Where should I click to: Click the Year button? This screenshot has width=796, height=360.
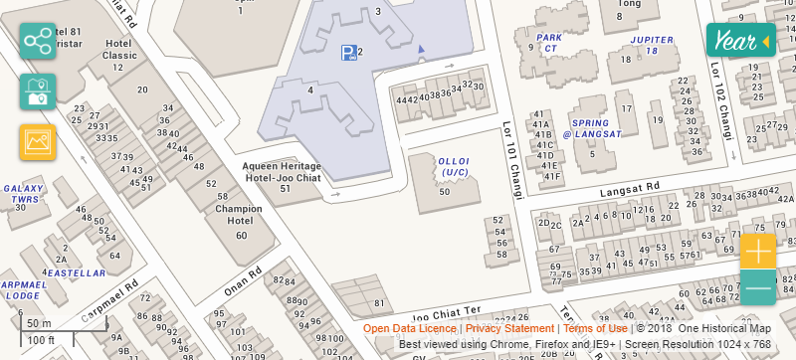[x=739, y=41]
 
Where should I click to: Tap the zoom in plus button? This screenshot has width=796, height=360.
[x=757, y=251]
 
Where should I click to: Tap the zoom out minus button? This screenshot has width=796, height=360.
[x=757, y=287]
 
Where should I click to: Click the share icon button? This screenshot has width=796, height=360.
[x=38, y=42]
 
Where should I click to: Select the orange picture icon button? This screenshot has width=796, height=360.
[x=38, y=142]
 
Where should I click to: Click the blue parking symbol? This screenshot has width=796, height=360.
[x=347, y=53]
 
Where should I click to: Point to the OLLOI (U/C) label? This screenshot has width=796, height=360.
[x=453, y=166]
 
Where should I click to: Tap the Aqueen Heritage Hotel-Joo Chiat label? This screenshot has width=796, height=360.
[x=284, y=172]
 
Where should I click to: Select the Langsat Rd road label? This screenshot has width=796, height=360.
[x=629, y=186]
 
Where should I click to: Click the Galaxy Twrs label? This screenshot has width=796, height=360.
[x=21, y=193]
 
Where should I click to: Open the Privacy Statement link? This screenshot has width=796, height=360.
[x=509, y=328]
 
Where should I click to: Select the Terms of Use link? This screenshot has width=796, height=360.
[x=595, y=328]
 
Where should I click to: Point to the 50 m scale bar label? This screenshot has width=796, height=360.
[x=40, y=324]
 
